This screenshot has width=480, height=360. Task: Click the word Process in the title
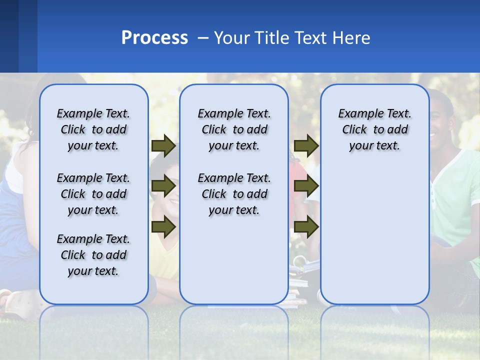pyautogui.click(x=154, y=38)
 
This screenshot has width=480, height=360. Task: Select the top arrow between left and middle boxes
pyautogui.click(x=163, y=145)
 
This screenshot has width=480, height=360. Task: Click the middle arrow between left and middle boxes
pyautogui.click(x=163, y=186)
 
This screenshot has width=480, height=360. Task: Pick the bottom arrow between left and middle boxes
pyautogui.click(x=163, y=227)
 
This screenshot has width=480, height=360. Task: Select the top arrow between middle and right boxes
pyautogui.click(x=306, y=145)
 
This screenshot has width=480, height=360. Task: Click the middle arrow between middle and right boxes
pyautogui.click(x=306, y=186)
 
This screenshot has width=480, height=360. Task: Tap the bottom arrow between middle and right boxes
pyautogui.click(x=306, y=227)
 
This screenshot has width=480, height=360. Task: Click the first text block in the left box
pyautogui.click(x=93, y=129)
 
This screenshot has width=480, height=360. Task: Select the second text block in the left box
pyautogui.click(x=93, y=194)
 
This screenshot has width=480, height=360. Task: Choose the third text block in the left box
pyautogui.click(x=93, y=255)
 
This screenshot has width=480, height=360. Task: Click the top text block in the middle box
pyautogui.click(x=234, y=129)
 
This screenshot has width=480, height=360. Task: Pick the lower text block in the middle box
pyautogui.click(x=234, y=194)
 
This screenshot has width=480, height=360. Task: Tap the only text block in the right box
pyautogui.click(x=374, y=129)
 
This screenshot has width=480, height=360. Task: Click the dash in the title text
pyautogui.click(x=203, y=38)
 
